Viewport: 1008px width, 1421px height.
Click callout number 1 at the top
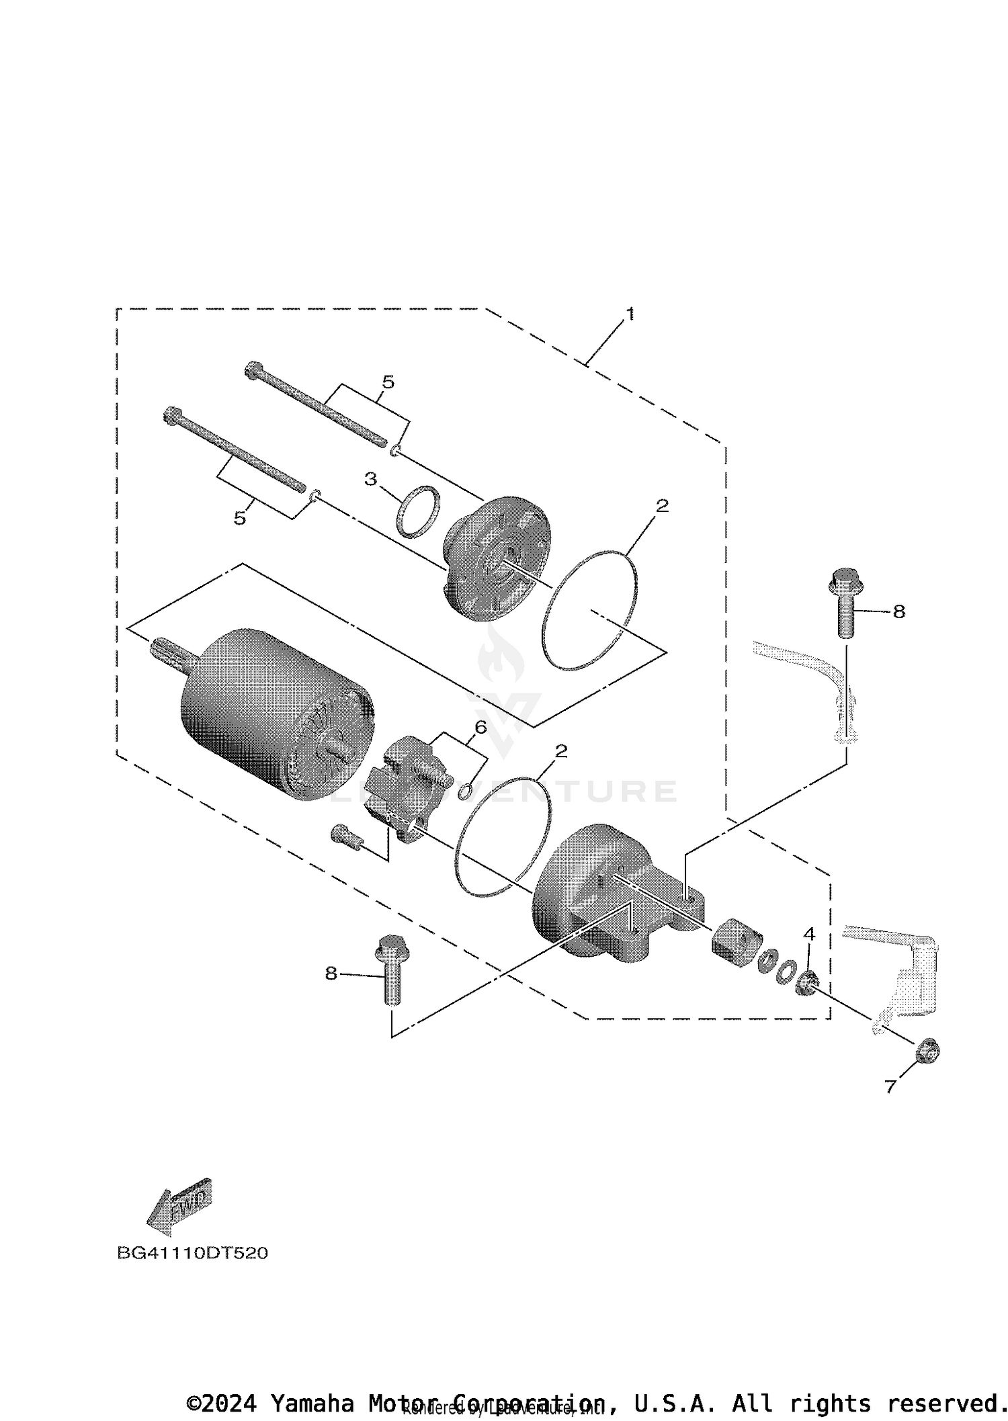630,314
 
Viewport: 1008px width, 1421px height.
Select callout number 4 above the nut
809,934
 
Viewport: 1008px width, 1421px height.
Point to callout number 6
480,727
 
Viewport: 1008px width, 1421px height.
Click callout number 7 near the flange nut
890,1086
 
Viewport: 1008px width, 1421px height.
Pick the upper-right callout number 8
898,611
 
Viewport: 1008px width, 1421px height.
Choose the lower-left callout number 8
331,973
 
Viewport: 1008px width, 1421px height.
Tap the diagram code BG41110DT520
192,1253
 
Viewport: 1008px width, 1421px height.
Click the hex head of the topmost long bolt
254,370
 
